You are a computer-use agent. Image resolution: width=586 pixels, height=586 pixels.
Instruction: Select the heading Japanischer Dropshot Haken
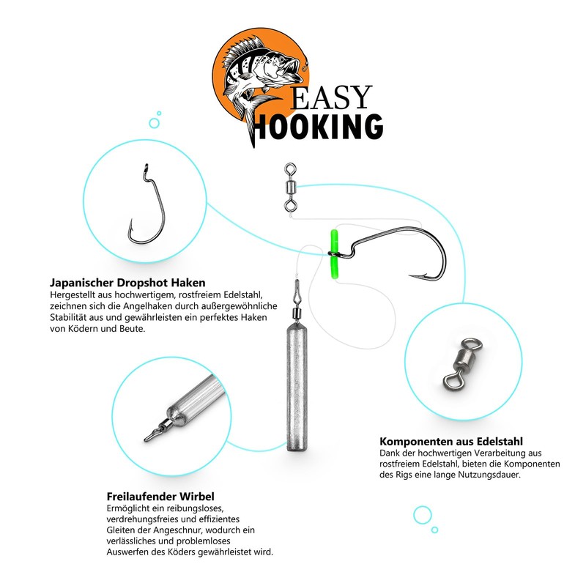pyautogui.click(x=127, y=282)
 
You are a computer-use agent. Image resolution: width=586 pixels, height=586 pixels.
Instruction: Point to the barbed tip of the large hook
pyautogui.click(x=415, y=276)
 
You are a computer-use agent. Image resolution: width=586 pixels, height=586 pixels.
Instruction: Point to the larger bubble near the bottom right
pyautogui.click(x=422, y=515)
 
